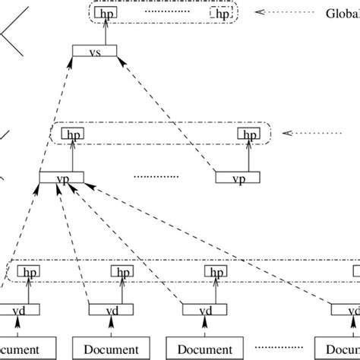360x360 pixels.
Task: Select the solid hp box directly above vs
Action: click(106, 14)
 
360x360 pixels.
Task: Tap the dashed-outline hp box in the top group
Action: click(221, 14)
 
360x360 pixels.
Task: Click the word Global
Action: click(341, 13)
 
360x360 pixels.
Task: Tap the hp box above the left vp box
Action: click(72, 134)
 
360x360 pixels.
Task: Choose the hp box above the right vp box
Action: click(248, 134)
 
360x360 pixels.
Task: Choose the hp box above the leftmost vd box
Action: click(29, 272)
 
